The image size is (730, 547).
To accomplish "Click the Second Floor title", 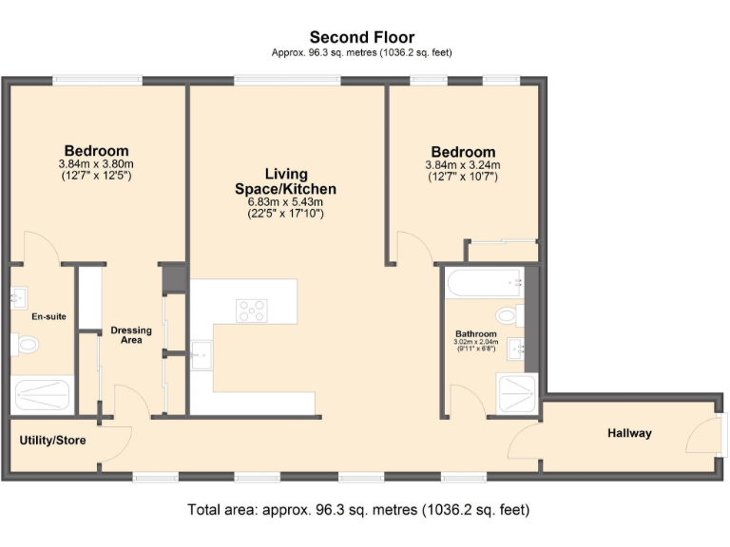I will [361, 38].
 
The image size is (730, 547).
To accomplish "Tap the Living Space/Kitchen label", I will [286, 181].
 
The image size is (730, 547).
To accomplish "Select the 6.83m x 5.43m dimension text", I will [286, 201].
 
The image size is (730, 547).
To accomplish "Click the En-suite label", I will [48, 315].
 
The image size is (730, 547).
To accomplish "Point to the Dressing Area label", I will [131, 334].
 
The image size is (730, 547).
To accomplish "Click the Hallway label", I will [629, 433].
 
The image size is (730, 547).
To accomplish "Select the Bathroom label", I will [475, 334].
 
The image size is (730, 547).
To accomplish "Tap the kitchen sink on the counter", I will [202, 355].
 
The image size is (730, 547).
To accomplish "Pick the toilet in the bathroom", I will [507, 314].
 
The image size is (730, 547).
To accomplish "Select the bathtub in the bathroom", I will [485, 281].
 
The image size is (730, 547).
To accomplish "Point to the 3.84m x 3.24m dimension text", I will [463, 164].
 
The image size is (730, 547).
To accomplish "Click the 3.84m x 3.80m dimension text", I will [96, 163].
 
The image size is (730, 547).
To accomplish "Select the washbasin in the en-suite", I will [19, 298].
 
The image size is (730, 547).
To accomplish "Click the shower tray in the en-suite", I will [41, 392].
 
